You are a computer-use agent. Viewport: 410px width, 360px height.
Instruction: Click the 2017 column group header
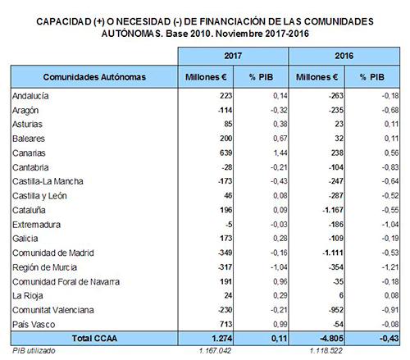tap(233, 56)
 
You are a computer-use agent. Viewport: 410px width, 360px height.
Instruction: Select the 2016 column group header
tap(344, 56)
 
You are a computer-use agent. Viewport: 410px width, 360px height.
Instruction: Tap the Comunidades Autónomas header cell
tap(94, 77)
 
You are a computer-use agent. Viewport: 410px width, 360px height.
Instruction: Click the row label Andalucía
tap(30, 96)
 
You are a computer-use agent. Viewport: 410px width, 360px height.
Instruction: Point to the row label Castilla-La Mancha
tap(48, 181)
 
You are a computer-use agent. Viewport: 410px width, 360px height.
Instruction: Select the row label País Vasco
tap(34, 325)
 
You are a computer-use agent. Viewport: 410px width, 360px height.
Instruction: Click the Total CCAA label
tap(94, 339)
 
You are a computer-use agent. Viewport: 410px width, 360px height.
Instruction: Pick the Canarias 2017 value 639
tap(225, 153)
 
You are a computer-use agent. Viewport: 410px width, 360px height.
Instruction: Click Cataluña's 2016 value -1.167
tap(333, 210)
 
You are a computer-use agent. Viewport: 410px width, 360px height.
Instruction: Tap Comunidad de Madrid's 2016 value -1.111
tap(333, 253)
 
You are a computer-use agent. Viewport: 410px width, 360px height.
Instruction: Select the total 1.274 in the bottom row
tap(222, 339)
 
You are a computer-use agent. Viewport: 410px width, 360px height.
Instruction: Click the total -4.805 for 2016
tap(331, 339)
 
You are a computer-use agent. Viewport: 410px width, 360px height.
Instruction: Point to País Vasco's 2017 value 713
tap(225, 324)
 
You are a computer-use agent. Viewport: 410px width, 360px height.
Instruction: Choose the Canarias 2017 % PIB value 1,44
tap(280, 153)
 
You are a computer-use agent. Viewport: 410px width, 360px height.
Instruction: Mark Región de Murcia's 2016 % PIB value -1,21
tap(389, 267)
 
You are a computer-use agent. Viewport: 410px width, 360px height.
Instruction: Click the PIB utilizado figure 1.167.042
tap(216, 351)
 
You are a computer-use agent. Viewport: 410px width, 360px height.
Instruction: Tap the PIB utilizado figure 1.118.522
tap(326, 351)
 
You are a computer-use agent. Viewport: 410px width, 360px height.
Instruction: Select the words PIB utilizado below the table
tap(34, 351)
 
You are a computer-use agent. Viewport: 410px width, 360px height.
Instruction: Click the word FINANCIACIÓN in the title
tap(229, 21)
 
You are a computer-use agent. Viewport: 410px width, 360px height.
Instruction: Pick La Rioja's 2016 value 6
tap(341, 295)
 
